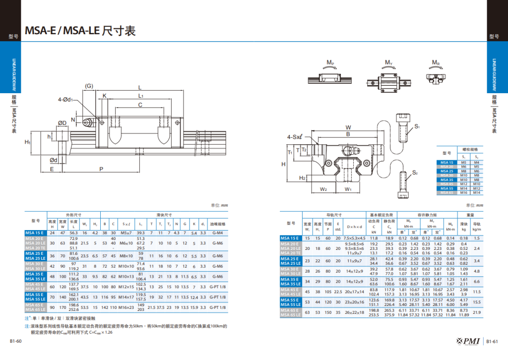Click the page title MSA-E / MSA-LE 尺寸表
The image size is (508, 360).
[x=80, y=31]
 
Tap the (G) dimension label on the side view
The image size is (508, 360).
[x=89, y=86]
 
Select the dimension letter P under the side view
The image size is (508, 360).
[x=101, y=169]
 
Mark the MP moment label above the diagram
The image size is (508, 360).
[x=330, y=62]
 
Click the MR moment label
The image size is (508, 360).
[x=436, y=62]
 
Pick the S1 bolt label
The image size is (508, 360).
[x=417, y=127]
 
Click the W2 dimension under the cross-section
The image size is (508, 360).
[x=322, y=189]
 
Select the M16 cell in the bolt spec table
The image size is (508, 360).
[x=464, y=192]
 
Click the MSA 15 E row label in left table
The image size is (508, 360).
[x=35, y=233]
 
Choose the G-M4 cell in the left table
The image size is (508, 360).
[x=218, y=233]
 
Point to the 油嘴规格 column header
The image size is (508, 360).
[x=218, y=223]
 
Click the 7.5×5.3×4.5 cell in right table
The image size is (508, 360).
[x=355, y=238]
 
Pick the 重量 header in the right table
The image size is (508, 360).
[x=470, y=215]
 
